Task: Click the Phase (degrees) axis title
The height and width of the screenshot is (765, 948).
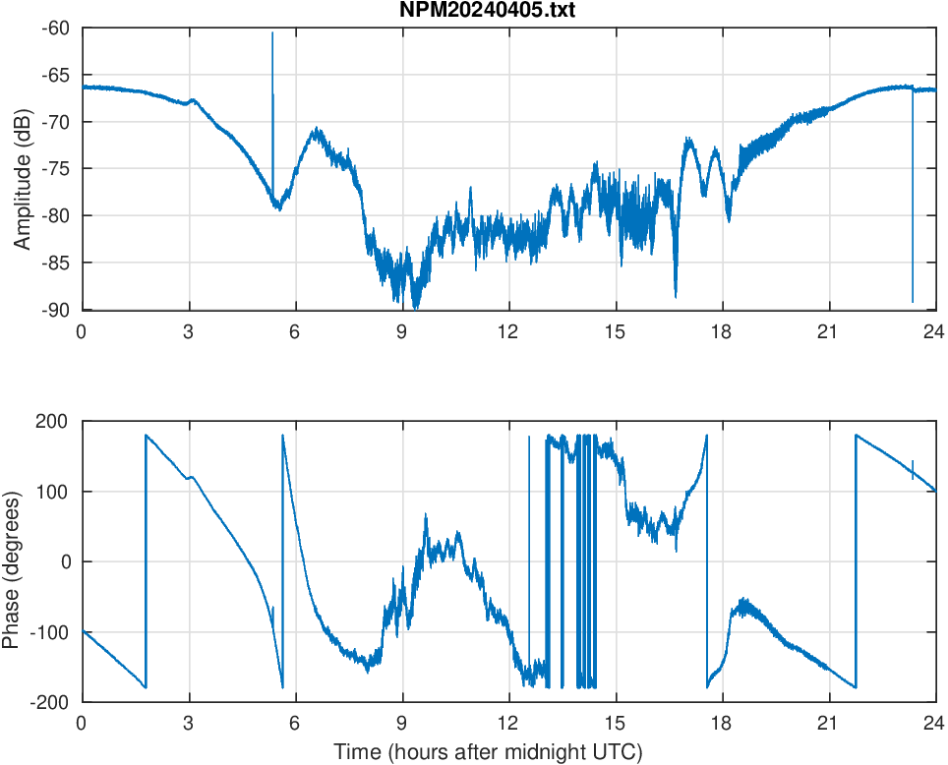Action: pyautogui.click(x=12, y=561)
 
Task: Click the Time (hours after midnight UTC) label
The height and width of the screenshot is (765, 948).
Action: pyautogui.click(x=488, y=753)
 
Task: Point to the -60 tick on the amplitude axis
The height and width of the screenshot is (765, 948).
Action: pyautogui.click(x=55, y=29)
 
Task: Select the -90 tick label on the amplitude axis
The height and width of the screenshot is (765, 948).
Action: pyautogui.click(x=55, y=310)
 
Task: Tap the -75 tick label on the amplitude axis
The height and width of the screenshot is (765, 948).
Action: pyautogui.click(x=55, y=169)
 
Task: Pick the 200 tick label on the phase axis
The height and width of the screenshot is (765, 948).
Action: pyautogui.click(x=51, y=422)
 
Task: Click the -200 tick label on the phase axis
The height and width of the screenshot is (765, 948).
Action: pyautogui.click(x=48, y=702)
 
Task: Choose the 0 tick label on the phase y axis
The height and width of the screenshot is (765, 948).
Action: pyautogui.click(x=66, y=561)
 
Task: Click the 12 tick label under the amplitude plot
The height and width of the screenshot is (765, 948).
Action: pyautogui.click(x=508, y=331)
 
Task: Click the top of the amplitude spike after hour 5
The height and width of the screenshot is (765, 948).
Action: pyautogui.click(x=272, y=33)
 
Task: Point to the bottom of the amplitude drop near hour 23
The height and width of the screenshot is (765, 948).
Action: pyautogui.click(x=913, y=301)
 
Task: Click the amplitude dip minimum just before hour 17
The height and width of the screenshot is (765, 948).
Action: pyautogui.click(x=676, y=295)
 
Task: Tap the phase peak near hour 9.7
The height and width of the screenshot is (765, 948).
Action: pyautogui.click(x=426, y=514)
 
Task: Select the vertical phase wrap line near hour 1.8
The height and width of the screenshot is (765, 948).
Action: pyautogui.click(x=146, y=560)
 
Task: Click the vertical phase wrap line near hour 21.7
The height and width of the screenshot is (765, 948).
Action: pyautogui.click(x=856, y=560)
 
